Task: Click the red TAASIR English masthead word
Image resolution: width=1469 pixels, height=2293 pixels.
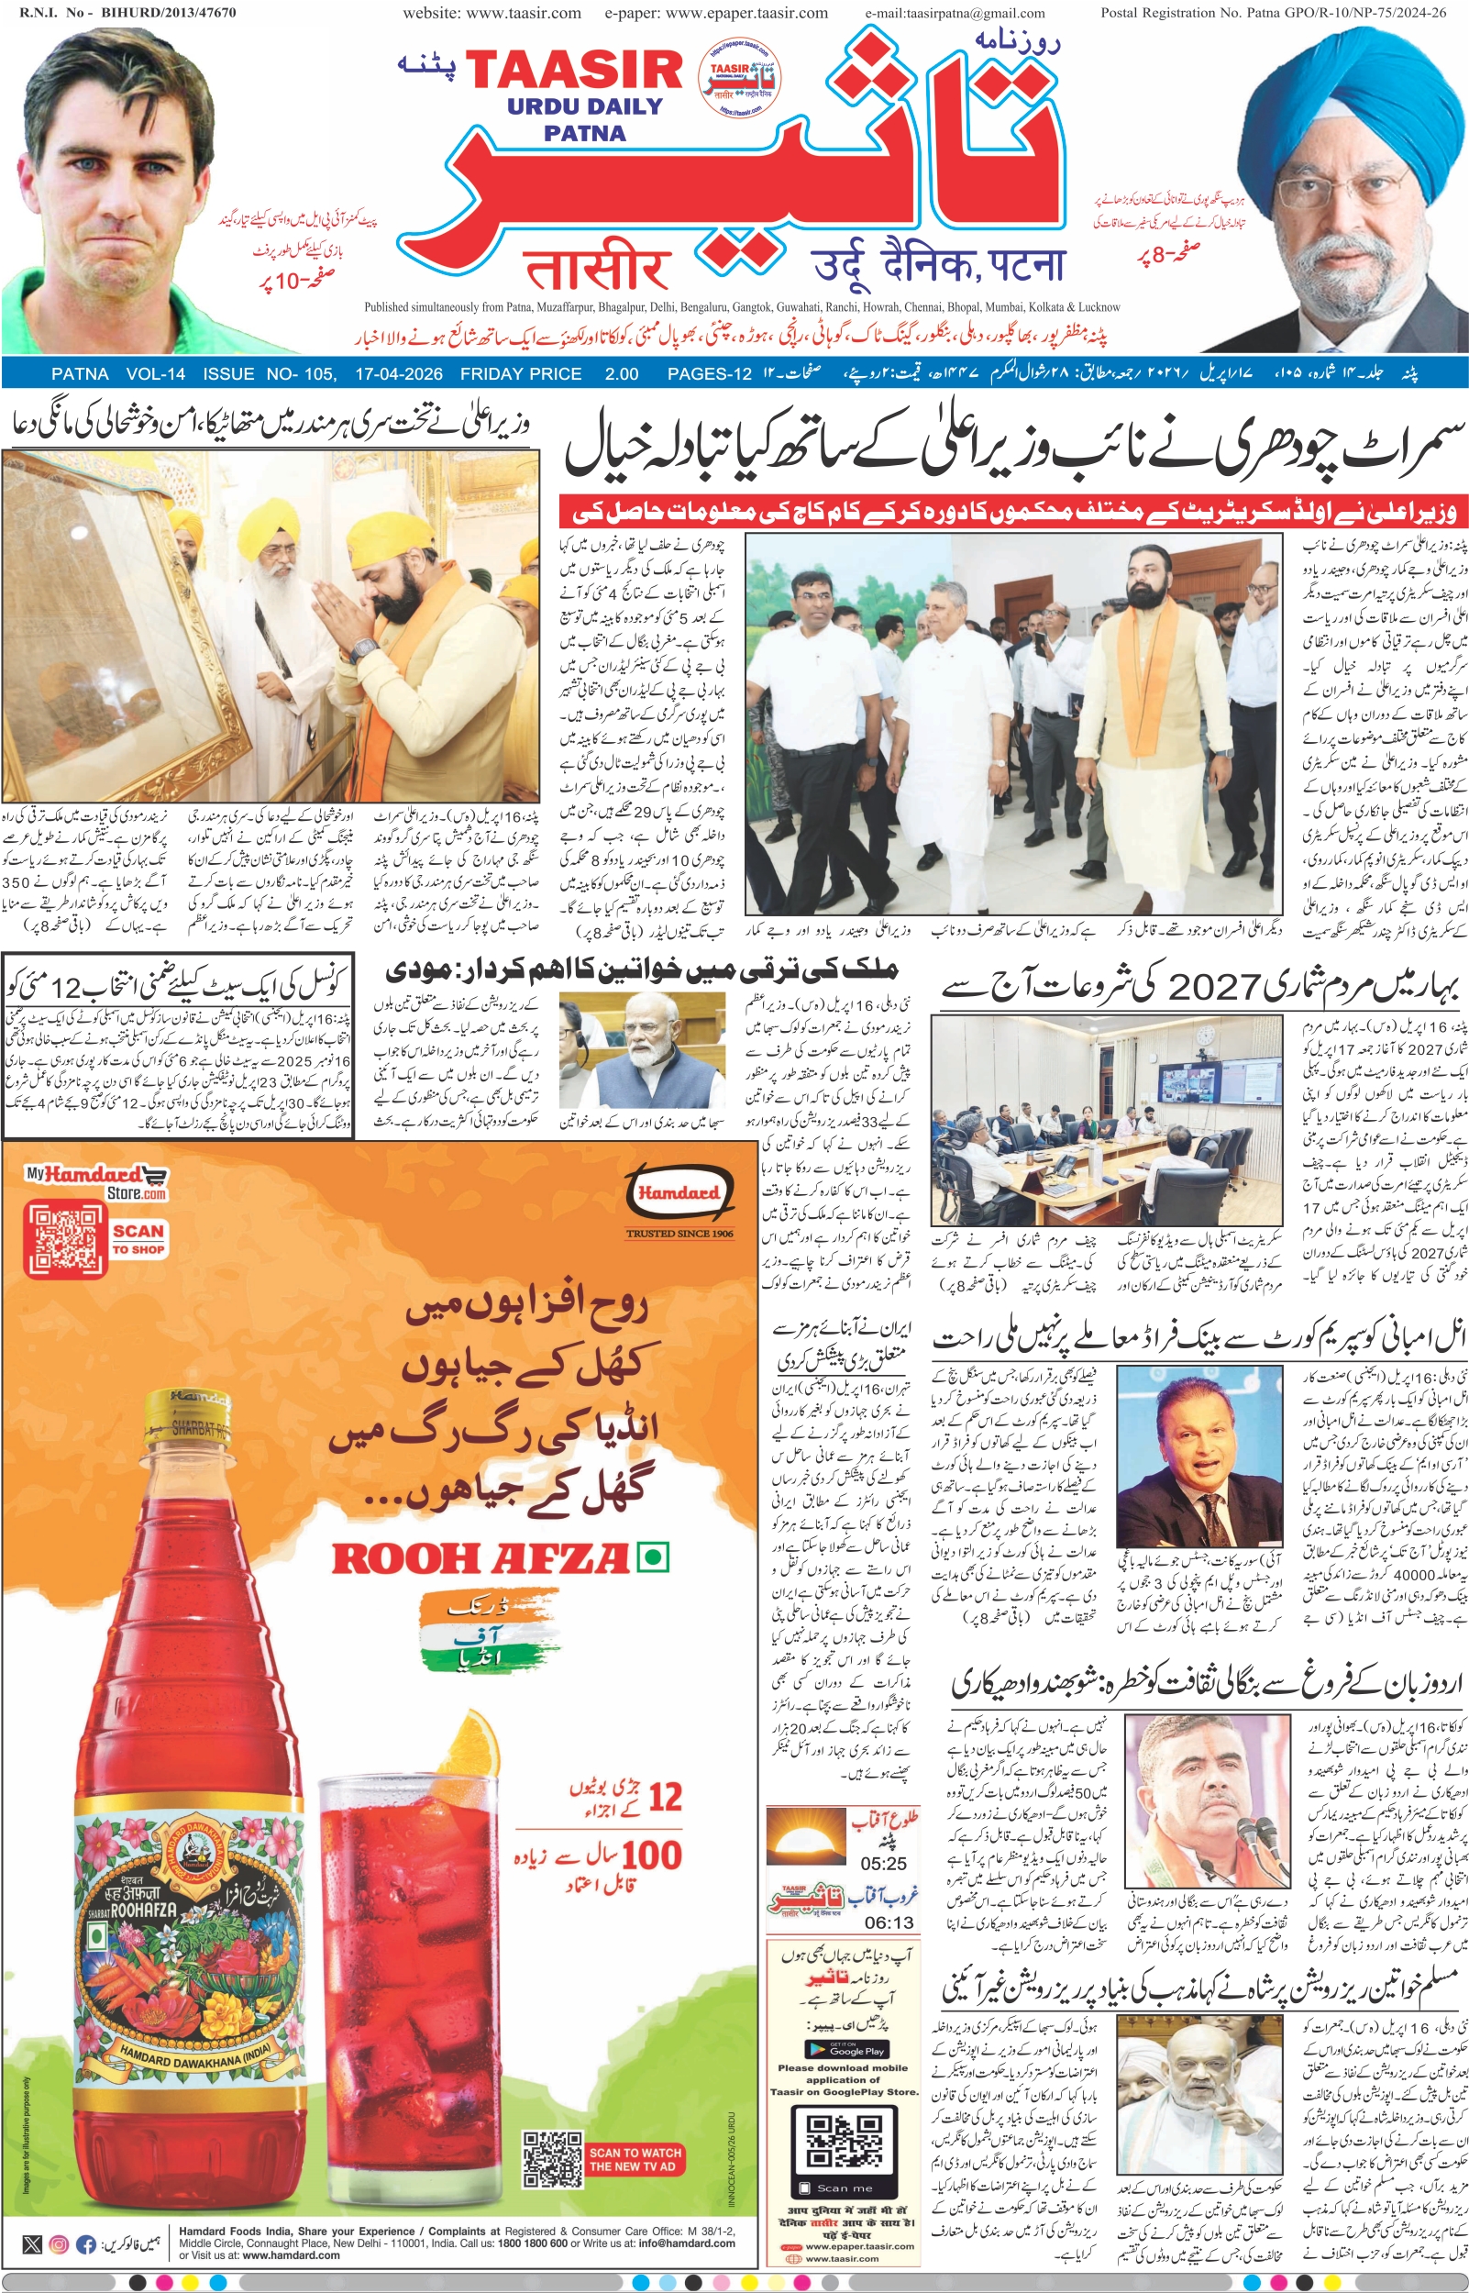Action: [x=573, y=72]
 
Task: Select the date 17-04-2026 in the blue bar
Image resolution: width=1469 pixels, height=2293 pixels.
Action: [x=399, y=374]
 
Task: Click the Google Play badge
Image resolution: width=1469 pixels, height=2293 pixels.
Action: [x=846, y=2049]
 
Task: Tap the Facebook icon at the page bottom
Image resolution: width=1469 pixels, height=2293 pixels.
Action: [x=86, y=2263]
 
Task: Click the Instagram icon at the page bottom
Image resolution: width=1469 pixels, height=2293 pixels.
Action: [x=58, y=2263]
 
